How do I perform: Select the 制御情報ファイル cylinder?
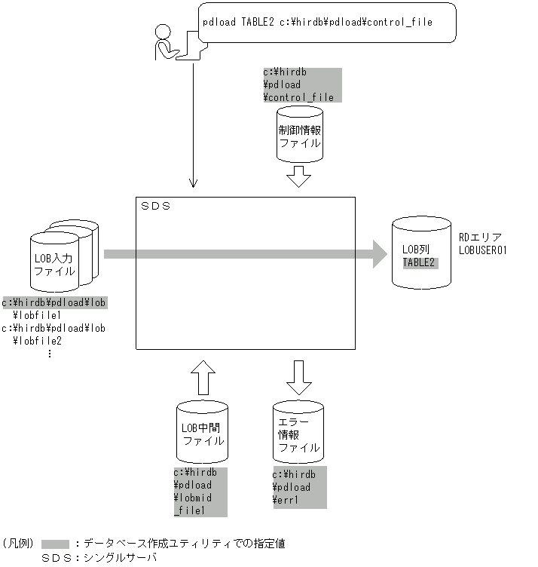pyautogui.click(x=300, y=136)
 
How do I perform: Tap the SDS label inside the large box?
pyautogui.click(x=156, y=206)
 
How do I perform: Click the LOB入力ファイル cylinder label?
pyautogui.click(x=54, y=265)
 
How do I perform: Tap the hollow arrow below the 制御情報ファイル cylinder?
pyautogui.click(x=300, y=177)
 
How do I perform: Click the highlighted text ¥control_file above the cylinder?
pyautogui.click(x=298, y=97)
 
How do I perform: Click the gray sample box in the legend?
pyautogui.click(x=56, y=544)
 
